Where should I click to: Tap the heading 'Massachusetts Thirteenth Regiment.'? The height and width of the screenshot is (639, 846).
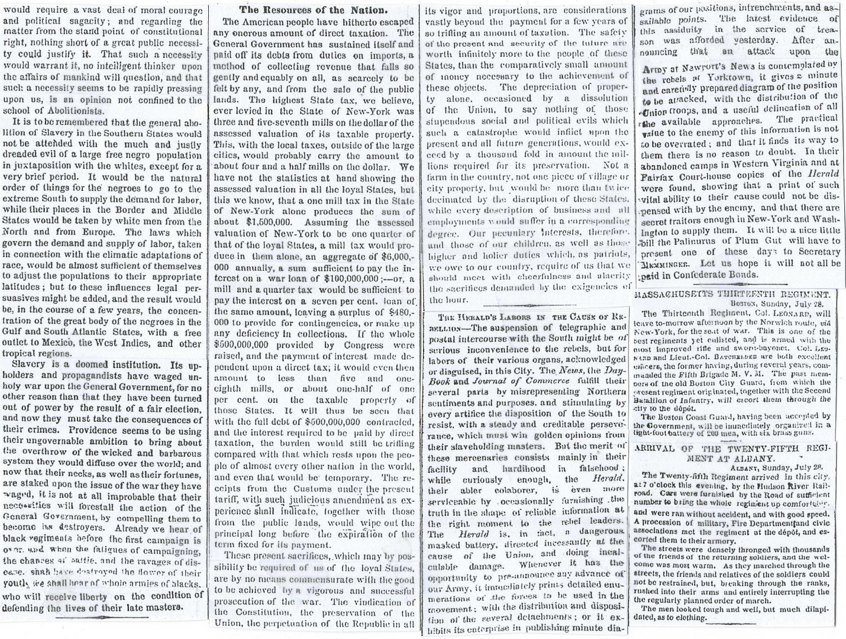click(739, 294)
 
